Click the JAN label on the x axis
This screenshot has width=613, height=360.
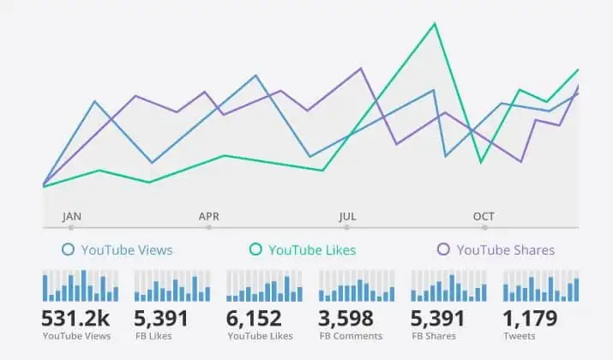(x=72, y=217)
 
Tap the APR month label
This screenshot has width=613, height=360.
(x=209, y=217)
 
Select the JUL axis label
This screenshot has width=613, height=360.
(x=347, y=217)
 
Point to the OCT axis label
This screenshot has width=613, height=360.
(x=484, y=217)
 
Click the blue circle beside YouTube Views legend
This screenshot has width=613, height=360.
(x=69, y=250)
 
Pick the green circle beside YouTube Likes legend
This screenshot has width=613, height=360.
(x=255, y=250)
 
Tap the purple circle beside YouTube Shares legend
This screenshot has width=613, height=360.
(x=443, y=250)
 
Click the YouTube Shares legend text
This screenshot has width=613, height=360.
(x=505, y=250)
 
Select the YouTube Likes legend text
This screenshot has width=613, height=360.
(x=311, y=250)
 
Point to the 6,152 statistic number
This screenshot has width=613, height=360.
(x=254, y=319)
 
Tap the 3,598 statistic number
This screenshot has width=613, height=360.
(x=346, y=319)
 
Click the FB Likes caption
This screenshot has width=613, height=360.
(x=154, y=336)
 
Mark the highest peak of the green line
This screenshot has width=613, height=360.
(x=435, y=23)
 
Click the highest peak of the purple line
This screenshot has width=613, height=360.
(x=361, y=68)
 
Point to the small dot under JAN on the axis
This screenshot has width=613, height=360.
(x=71, y=228)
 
